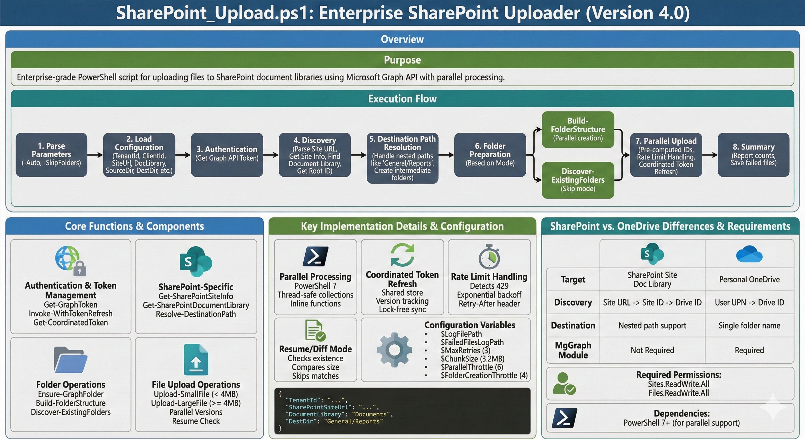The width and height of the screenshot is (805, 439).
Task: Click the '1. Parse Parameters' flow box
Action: click(x=51, y=155)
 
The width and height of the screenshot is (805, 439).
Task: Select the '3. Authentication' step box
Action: click(x=227, y=155)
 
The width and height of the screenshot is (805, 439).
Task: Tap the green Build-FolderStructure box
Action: click(x=578, y=129)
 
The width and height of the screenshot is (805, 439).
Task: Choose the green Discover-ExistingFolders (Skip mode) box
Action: click(x=578, y=180)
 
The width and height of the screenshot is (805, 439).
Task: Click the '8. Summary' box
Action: click(x=753, y=155)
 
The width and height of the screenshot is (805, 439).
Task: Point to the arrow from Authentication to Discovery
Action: click(x=271, y=155)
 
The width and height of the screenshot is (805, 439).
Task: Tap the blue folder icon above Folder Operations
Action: click(x=71, y=360)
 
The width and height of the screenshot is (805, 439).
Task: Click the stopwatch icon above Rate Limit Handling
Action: click(x=489, y=257)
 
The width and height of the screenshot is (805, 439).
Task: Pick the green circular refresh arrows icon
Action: click(x=402, y=255)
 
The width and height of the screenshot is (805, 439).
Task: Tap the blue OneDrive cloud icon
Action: click(x=749, y=254)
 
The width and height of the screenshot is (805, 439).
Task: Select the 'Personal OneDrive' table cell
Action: click(x=749, y=279)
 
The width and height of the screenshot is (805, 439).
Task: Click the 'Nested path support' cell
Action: click(x=652, y=325)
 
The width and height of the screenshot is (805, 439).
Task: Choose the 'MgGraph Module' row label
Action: click(x=573, y=350)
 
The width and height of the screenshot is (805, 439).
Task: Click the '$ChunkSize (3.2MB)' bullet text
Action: click(x=472, y=359)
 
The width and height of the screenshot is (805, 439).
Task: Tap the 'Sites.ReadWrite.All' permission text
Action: click(x=678, y=384)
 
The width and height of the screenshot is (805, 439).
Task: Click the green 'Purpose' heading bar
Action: click(x=402, y=60)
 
